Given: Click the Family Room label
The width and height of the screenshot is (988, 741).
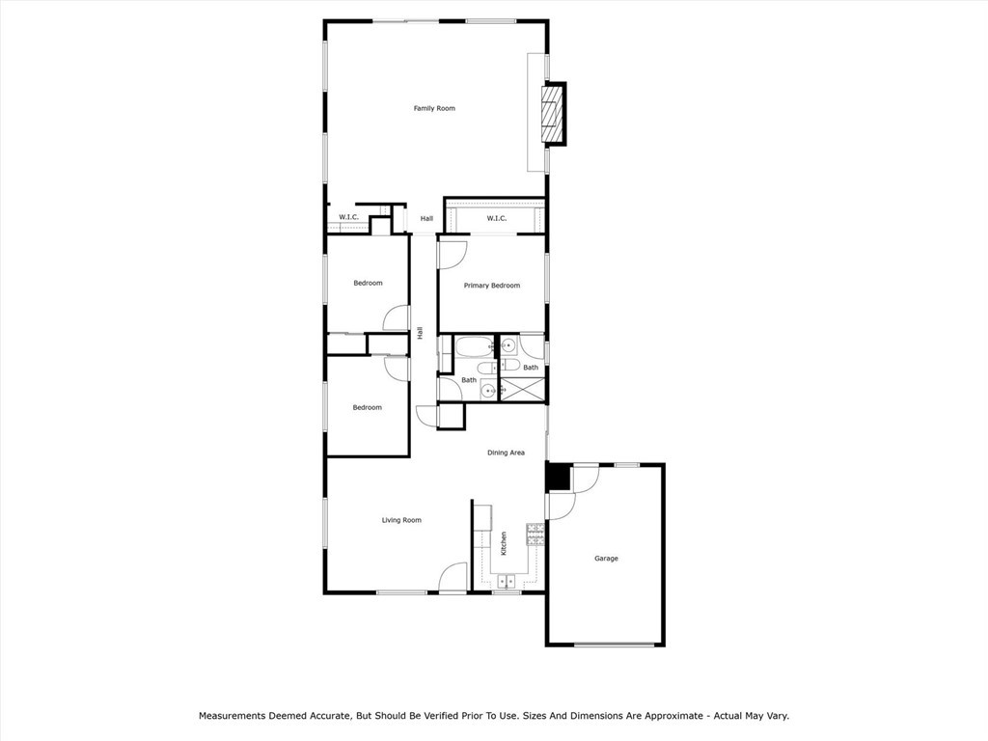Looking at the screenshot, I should coord(434,108).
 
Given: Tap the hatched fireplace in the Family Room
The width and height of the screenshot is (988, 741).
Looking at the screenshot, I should coord(551,115).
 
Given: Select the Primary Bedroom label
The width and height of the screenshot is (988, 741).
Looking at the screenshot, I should coord(492,286).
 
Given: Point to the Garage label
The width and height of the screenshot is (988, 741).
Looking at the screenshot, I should coord(606,559).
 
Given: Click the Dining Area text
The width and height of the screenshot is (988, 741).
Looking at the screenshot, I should coord(506,453).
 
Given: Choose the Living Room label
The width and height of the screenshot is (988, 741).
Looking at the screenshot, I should coord(401,520).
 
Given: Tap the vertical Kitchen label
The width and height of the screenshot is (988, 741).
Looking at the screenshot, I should coord(504,543).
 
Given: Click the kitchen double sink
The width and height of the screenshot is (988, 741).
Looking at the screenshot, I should coord(506,581).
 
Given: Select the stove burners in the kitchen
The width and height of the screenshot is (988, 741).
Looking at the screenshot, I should coord(535,534).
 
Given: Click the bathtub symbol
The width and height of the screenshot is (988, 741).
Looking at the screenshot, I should coord(474,347).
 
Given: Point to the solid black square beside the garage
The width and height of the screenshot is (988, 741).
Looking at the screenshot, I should coord(558,478).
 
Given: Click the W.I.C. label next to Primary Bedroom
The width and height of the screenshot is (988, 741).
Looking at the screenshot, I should coord(496,218).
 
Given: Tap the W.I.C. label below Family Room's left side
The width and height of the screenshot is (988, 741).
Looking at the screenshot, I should coord(348,217).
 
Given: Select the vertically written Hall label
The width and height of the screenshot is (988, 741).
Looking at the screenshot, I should coord(421,333).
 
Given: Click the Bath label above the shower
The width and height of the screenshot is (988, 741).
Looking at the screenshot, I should coord(531,367).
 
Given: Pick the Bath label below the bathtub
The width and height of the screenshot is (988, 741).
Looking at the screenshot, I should coord(468,380).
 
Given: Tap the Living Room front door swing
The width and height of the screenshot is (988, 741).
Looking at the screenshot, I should coord(453,578).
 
